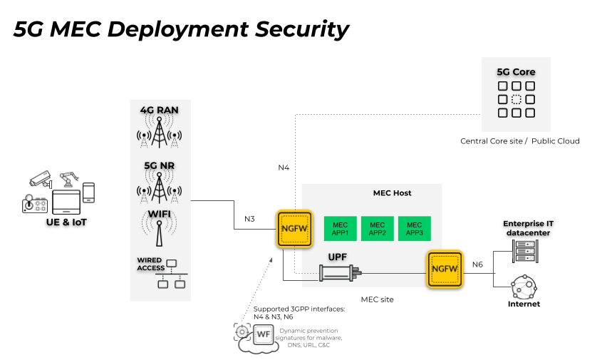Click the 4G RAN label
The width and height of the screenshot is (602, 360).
tap(160, 110)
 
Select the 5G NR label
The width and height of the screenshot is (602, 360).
tap(160, 165)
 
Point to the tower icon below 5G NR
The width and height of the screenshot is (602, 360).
tap(160, 187)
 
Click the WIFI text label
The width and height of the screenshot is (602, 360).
tap(160, 214)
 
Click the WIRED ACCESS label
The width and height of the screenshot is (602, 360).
tap(150, 264)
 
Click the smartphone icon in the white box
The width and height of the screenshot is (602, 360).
tap(89, 193)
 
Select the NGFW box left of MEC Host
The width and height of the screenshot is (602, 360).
tap(294, 229)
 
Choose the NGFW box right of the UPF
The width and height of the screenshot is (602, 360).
tap(445, 269)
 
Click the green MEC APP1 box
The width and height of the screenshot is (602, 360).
tap(340, 228)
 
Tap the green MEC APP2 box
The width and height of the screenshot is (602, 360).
tap(377, 228)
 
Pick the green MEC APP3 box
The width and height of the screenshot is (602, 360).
tap(414, 228)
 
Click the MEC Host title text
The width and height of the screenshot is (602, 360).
tap(392, 193)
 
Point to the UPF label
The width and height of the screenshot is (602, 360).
tap(337, 257)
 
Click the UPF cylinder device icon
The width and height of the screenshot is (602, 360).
tap(340, 272)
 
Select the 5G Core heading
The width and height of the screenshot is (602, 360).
tap(516, 72)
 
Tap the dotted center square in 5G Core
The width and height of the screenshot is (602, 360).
tap(516, 99)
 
